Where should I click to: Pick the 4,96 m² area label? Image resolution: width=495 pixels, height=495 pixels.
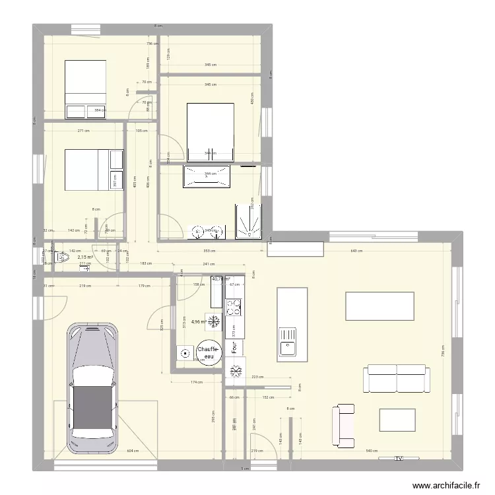[199, 322]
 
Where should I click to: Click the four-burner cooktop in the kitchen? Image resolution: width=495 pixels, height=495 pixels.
[234, 308]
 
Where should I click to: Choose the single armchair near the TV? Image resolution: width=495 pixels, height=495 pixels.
[345, 426]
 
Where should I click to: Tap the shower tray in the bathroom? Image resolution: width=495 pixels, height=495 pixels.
[249, 221]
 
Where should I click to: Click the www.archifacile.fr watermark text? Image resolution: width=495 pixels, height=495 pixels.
[447, 485]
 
